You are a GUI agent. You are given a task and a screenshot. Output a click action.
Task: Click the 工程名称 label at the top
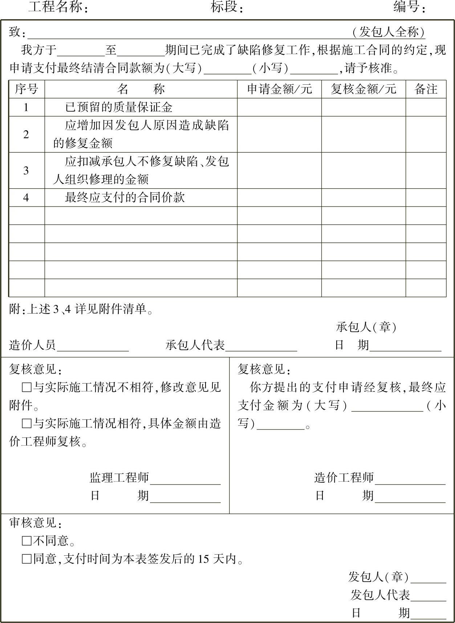[x=58, y=7]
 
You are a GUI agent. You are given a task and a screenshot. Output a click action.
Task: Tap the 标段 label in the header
[x=227, y=7]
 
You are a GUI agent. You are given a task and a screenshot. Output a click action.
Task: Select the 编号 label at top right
[x=409, y=7]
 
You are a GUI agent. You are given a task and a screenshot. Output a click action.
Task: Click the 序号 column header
[x=27, y=89]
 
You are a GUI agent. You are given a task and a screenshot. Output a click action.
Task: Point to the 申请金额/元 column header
[x=279, y=89]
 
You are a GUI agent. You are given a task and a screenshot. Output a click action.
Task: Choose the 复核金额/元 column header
[x=363, y=89]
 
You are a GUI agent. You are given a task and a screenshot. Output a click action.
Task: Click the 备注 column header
[x=426, y=89]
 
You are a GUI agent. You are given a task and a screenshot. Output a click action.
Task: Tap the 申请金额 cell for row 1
[x=279, y=107]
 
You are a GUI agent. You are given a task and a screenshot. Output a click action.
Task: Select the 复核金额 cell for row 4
[x=363, y=197]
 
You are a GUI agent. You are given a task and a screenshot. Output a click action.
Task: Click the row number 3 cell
[x=26, y=170]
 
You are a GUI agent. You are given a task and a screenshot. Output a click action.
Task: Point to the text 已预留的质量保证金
[x=119, y=107]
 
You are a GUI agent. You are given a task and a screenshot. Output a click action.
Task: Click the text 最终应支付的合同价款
[x=125, y=197]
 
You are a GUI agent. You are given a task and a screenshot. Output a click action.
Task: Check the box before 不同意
[x=27, y=541]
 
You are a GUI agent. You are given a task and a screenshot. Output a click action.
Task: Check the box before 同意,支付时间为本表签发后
[x=27, y=559]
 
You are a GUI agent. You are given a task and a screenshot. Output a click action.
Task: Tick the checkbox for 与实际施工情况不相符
[x=27, y=387]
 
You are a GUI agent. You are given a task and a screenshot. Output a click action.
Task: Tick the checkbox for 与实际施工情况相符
[x=27, y=423]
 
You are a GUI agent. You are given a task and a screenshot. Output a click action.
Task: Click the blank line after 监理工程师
[x=185, y=480]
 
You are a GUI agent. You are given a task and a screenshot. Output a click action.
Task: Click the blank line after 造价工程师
[x=410, y=480]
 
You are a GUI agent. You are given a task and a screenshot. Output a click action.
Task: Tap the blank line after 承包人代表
[x=261, y=347]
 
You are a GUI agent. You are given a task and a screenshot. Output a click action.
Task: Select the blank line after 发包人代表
[x=428, y=596]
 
